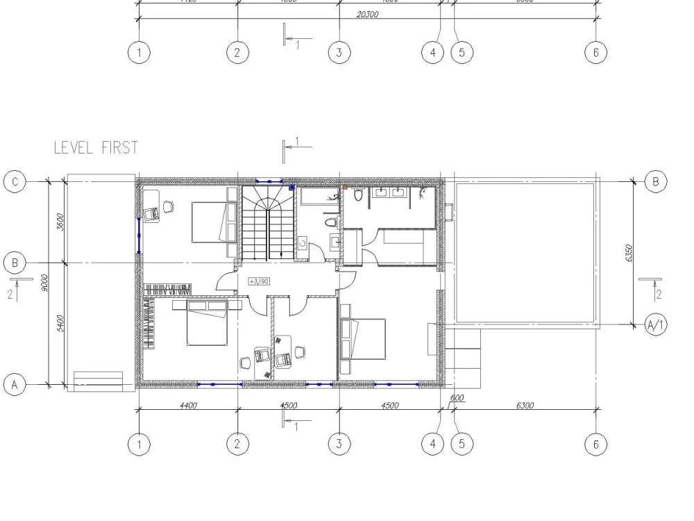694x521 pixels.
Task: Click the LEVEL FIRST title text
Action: click(x=96, y=147)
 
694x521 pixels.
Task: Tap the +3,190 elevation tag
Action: click(x=258, y=281)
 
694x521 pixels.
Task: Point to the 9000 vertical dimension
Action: click(x=44, y=282)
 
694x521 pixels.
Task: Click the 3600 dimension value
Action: click(x=60, y=222)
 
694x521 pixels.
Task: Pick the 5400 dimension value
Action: click(x=60, y=322)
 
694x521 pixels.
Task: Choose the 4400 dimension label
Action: click(x=188, y=406)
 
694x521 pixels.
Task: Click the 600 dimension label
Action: click(x=457, y=399)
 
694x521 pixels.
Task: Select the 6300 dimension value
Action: click(x=525, y=406)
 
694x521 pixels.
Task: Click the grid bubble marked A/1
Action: click(x=656, y=324)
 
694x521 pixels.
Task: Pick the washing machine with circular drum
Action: click(x=303, y=244)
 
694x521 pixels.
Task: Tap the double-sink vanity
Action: click(x=389, y=193)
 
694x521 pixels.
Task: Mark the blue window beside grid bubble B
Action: click(x=139, y=235)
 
